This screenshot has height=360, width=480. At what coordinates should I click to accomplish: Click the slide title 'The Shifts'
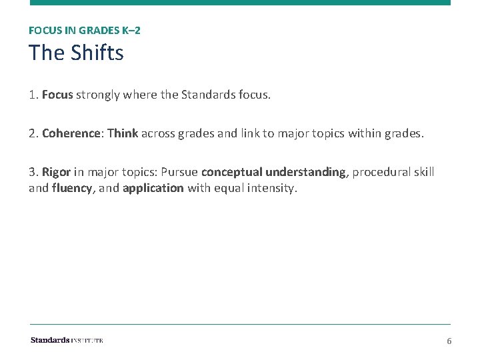pos(76,53)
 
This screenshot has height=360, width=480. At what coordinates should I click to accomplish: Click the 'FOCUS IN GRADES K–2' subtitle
pos(85,30)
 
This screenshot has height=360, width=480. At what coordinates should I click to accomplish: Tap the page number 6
pos(449,341)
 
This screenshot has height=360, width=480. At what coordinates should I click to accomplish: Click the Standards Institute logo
pos(67,340)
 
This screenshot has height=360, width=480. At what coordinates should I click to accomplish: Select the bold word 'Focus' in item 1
pos(57,95)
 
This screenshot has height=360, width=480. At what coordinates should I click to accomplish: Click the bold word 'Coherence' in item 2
pos(70,133)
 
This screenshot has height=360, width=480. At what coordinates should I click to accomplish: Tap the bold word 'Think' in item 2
pos(123,133)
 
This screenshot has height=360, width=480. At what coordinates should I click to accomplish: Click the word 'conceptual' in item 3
pos(231,172)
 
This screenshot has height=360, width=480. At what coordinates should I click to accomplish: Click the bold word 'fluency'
pos(72,188)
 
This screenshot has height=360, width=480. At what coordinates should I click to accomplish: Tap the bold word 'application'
pos(153,188)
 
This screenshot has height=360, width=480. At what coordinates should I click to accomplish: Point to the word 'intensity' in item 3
pos(270,188)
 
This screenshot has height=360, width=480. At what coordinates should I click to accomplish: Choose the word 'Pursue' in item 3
pos(179,172)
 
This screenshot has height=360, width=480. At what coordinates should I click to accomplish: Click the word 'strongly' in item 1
pos(98,95)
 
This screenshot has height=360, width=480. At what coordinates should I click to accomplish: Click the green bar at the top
pos(240,3)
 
